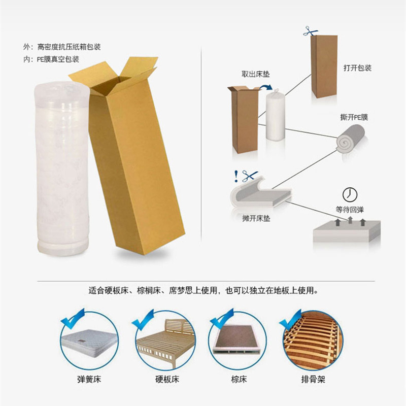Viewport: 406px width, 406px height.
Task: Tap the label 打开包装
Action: click(x=357, y=67)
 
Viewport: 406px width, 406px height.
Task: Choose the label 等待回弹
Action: click(x=350, y=209)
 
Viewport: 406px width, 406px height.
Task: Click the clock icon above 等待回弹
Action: click(x=349, y=194)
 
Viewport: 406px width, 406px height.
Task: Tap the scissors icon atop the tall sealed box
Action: click(x=310, y=31)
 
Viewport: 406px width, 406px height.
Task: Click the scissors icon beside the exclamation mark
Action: click(x=249, y=176)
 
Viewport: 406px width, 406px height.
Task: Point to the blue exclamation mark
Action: click(x=235, y=176)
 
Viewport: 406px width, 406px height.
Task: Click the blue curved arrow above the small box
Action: click(x=265, y=89)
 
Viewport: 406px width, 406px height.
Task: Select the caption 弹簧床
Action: click(x=89, y=379)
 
